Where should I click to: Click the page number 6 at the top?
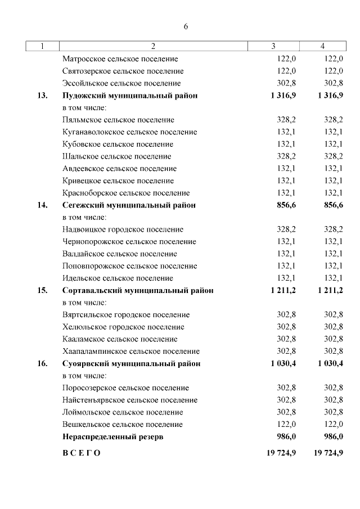pos(186,27)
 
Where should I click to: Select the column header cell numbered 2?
pos(153,46)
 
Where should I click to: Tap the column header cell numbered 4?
pos(322,46)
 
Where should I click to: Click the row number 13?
pos(42,96)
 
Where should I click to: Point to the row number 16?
pos(42,364)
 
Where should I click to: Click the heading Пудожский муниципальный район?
pos(130,96)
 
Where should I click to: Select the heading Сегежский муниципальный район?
pos(129,205)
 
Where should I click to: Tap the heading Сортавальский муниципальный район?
pos(138,291)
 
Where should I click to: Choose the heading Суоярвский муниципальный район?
pos(131,364)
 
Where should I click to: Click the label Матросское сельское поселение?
pos(120,58)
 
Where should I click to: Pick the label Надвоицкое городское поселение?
pos(123,229)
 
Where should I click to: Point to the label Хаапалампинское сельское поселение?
pos(130,352)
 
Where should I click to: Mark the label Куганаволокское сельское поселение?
pos(129,132)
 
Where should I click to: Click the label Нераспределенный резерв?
pos(112,436)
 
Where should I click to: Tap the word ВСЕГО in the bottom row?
pos(82,453)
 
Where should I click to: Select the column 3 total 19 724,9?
pos(281,453)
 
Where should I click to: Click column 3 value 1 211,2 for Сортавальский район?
pos(283,291)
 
